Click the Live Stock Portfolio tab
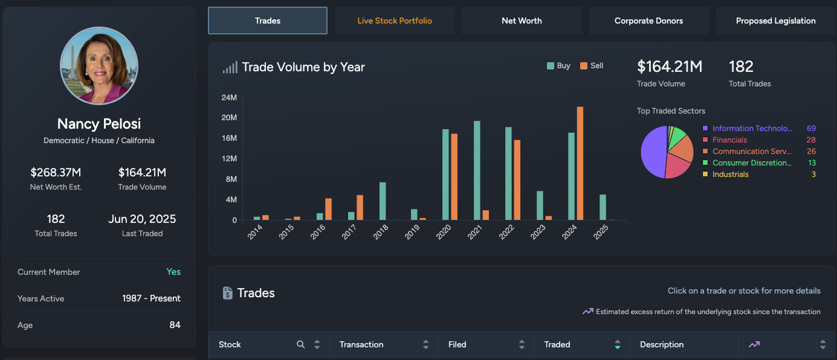click(395, 21)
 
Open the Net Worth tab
click(522, 21)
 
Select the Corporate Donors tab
click(648, 21)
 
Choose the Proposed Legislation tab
click(775, 21)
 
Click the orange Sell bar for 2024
click(580, 163)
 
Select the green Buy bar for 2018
click(383, 201)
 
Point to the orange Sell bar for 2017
click(360, 207)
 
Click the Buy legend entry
click(558, 66)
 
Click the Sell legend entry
click(592, 66)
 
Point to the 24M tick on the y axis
click(229, 97)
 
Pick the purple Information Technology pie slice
click(653, 152)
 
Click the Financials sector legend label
click(729, 140)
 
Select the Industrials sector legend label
click(730, 175)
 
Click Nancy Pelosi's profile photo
click(99, 65)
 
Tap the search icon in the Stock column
click(301, 345)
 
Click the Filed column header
click(457, 345)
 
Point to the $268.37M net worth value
click(56, 173)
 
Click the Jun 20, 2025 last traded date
click(142, 219)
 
